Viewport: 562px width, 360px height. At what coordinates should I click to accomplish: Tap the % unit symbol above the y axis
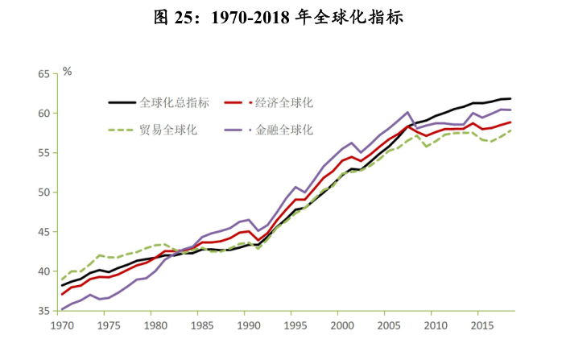pyautogui.click(x=68, y=72)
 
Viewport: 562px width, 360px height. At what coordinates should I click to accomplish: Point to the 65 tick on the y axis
pyautogui.click(x=43, y=73)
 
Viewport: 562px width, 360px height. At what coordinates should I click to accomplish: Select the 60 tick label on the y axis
pyautogui.click(x=43, y=113)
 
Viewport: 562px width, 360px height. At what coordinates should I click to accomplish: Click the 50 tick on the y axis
pyautogui.click(x=43, y=192)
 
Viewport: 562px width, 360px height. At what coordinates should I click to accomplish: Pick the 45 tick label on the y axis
pyautogui.click(x=43, y=232)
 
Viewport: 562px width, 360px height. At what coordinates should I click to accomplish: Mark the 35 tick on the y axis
pyautogui.click(x=43, y=311)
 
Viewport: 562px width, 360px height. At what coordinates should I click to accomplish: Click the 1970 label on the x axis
pyautogui.click(x=62, y=326)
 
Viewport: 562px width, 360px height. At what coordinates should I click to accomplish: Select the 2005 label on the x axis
pyautogui.click(x=389, y=326)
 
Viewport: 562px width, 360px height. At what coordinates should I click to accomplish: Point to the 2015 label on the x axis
pyautogui.click(x=482, y=326)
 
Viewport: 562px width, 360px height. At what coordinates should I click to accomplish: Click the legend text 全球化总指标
pyautogui.click(x=175, y=103)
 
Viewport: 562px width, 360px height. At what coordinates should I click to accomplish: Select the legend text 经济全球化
pyautogui.click(x=283, y=103)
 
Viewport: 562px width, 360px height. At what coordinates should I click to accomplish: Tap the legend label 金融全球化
pyautogui.click(x=283, y=129)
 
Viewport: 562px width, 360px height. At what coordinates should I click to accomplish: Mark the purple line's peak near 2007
pyautogui.click(x=408, y=112)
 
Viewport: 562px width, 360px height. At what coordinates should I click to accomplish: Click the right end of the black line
pyautogui.click(x=510, y=98)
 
